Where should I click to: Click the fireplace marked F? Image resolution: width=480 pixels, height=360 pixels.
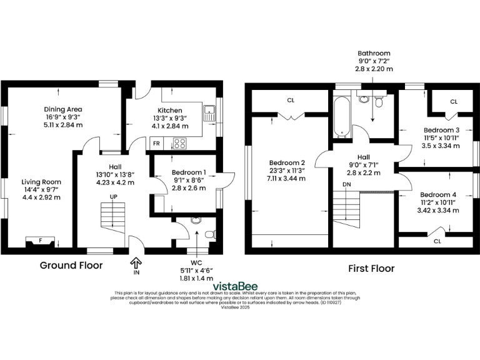tap(40, 241)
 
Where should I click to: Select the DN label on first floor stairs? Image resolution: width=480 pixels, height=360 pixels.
tap(347, 185)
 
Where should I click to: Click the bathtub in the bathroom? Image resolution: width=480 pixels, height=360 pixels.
tap(341, 116)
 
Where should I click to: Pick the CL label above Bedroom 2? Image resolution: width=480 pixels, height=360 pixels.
tap(291, 100)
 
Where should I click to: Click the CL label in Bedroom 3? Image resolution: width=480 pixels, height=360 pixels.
tap(454, 101)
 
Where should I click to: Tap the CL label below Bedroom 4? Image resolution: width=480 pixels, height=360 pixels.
tap(437, 241)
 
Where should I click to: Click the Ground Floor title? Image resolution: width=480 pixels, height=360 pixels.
tap(71, 266)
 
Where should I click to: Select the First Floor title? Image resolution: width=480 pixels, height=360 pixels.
tap(371, 269)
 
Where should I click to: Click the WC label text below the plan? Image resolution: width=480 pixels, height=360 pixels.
tap(196, 262)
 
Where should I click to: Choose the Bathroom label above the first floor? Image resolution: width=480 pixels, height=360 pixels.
tap(374, 53)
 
